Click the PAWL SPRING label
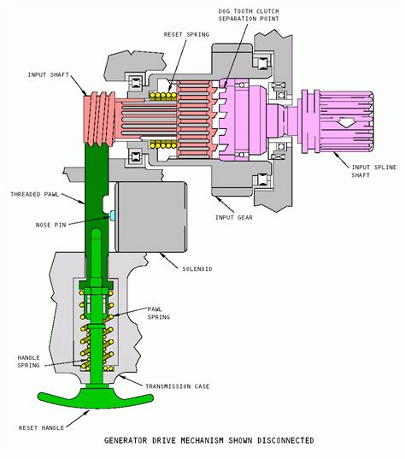click(x=159, y=312)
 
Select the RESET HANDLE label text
click(x=38, y=427)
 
